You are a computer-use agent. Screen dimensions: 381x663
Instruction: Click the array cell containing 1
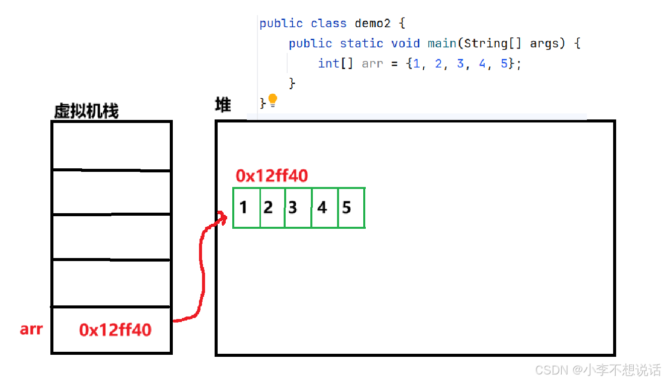click(246, 208)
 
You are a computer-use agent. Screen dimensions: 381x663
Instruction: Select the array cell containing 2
click(273, 208)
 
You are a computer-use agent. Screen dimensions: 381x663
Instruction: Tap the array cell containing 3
click(298, 208)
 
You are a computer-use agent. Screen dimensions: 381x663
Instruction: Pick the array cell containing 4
click(325, 208)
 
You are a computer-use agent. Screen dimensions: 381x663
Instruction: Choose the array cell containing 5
click(351, 208)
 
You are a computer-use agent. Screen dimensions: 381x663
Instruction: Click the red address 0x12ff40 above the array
click(272, 176)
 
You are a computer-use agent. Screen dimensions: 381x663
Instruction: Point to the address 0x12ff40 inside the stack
click(115, 330)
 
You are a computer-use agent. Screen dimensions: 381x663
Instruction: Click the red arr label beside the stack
click(31, 329)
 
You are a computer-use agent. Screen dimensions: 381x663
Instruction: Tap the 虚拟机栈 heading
click(86, 111)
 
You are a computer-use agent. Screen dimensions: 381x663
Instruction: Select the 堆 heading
click(223, 105)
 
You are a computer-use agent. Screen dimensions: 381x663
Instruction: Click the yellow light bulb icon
click(273, 100)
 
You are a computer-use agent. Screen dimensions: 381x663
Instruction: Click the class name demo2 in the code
click(372, 23)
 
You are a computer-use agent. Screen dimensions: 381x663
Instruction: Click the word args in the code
click(544, 43)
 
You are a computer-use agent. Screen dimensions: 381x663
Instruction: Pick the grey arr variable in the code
click(372, 63)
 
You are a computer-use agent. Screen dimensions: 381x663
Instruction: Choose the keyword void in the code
click(405, 43)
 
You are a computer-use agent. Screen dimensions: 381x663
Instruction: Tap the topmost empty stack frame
click(111, 145)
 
